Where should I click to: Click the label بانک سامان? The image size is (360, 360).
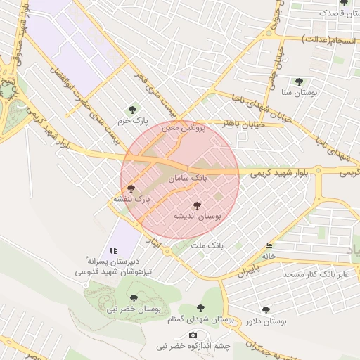[x=188, y=179]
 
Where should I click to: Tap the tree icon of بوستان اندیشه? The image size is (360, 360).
[x=196, y=205]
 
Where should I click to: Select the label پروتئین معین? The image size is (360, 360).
[x=184, y=129]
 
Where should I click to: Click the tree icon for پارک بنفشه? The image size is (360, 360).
[x=131, y=188]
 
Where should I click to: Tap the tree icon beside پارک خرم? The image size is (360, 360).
[x=131, y=109]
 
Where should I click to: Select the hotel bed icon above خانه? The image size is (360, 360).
[x=269, y=245]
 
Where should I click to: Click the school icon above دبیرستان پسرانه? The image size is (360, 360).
[x=112, y=250]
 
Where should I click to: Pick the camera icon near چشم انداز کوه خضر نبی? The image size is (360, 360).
[x=193, y=334]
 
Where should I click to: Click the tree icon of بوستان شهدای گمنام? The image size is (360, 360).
[x=202, y=307]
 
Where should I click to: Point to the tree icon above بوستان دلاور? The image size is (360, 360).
[x=266, y=309]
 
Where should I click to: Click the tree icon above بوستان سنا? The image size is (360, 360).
[x=300, y=81]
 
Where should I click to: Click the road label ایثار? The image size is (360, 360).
[x=162, y=246]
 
